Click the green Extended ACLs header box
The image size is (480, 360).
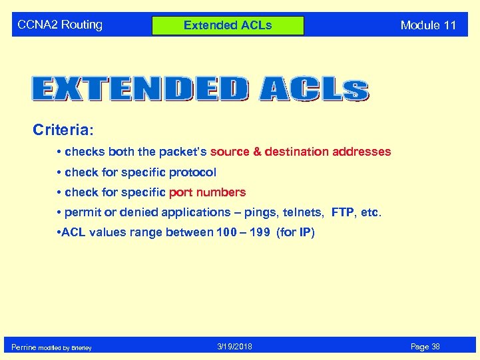pyautogui.click(x=228, y=26)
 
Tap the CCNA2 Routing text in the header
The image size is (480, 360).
pyautogui.click(x=60, y=25)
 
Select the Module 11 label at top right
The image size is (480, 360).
pyautogui.click(x=428, y=26)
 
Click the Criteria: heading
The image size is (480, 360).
pyautogui.click(x=66, y=129)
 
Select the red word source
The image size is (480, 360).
pyautogui.click(x=230, y=152)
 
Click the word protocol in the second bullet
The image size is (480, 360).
pyautogui.click(x=192, y=172)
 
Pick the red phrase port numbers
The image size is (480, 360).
pyautogui.click(x=207, y=192)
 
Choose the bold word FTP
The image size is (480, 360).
pyautogui.click(x=344, y=212)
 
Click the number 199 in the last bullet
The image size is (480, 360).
pyautogui.click(x=258, y=232)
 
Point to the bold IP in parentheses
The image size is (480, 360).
pyautogui.click(x=305, y=232)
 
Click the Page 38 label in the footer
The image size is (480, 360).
pyautogui.click(x=425, y=347)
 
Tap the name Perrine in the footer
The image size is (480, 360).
pyautogui.click(x=23, y=347)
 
